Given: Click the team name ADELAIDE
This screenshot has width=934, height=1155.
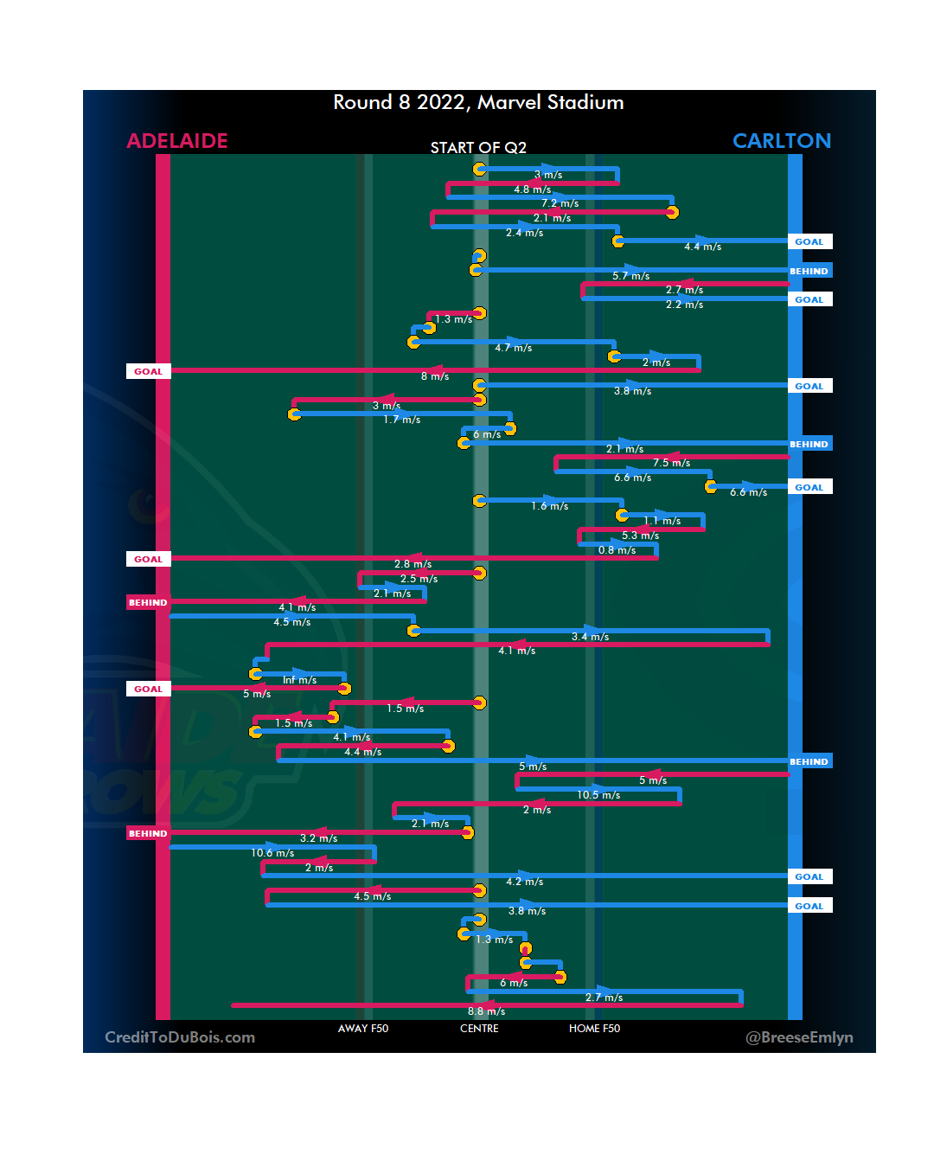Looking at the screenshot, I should pyautogui.click(x=177, y=141).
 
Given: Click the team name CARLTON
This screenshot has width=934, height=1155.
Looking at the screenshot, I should pyautogui.click(x=781, y=141).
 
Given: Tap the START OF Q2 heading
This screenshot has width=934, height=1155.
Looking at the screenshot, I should pyautogui.click(x=478, y=148).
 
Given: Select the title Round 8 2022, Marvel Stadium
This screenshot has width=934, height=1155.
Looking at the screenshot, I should pyautogui.click(x=478, y=103).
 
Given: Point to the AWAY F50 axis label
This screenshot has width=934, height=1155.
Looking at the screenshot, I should pyautogui.click(x=363, y=1029).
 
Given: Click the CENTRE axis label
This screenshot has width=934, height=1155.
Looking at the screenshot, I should pyautogui.click(x=479, y=1029).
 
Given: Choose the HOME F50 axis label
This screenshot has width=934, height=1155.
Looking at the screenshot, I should pyautogui.click(x=594, y=1029).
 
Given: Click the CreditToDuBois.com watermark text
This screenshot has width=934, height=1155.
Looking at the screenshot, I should pyautogui.click(x=180, y=1037).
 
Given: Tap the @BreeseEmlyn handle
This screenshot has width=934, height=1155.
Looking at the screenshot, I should pyautogui.click(x=799, y=1037).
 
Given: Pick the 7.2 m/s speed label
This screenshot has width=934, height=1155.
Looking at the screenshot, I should pyautogui.click(x=560, y=204).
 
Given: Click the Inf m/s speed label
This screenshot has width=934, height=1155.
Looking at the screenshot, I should pyautogui.click(x=299, y=680).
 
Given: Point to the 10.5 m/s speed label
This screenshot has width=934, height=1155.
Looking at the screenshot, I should pyautogui.click(x=598, y=795).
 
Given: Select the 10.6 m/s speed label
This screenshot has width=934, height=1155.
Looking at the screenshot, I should pyautogui.click(x=272, y=853).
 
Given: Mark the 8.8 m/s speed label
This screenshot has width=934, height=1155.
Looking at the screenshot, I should pyautogui.click(x=486, y=1011).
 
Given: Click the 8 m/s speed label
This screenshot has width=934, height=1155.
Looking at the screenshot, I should pyautogui.click(x=435, y=376).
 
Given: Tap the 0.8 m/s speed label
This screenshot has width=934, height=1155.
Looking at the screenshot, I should pyautogui.click(x=617, y=550).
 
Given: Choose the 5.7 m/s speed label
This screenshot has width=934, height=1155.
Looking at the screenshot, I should pyautogui.click(x=630, y=276).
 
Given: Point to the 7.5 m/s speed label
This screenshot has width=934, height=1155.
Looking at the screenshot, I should pyautogui.click(x=671, y=463).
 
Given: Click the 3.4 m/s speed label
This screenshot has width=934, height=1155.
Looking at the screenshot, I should pyautogui.click(x=590, y=637).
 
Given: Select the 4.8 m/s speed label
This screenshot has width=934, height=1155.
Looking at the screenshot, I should pyautogui.click(x=532, y=189).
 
